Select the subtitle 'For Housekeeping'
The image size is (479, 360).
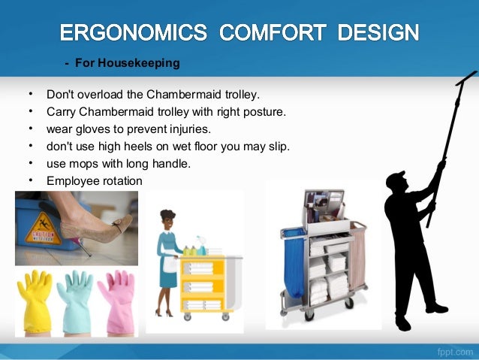(x=126, y=63)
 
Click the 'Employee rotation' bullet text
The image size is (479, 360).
(x=94, y=180)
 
